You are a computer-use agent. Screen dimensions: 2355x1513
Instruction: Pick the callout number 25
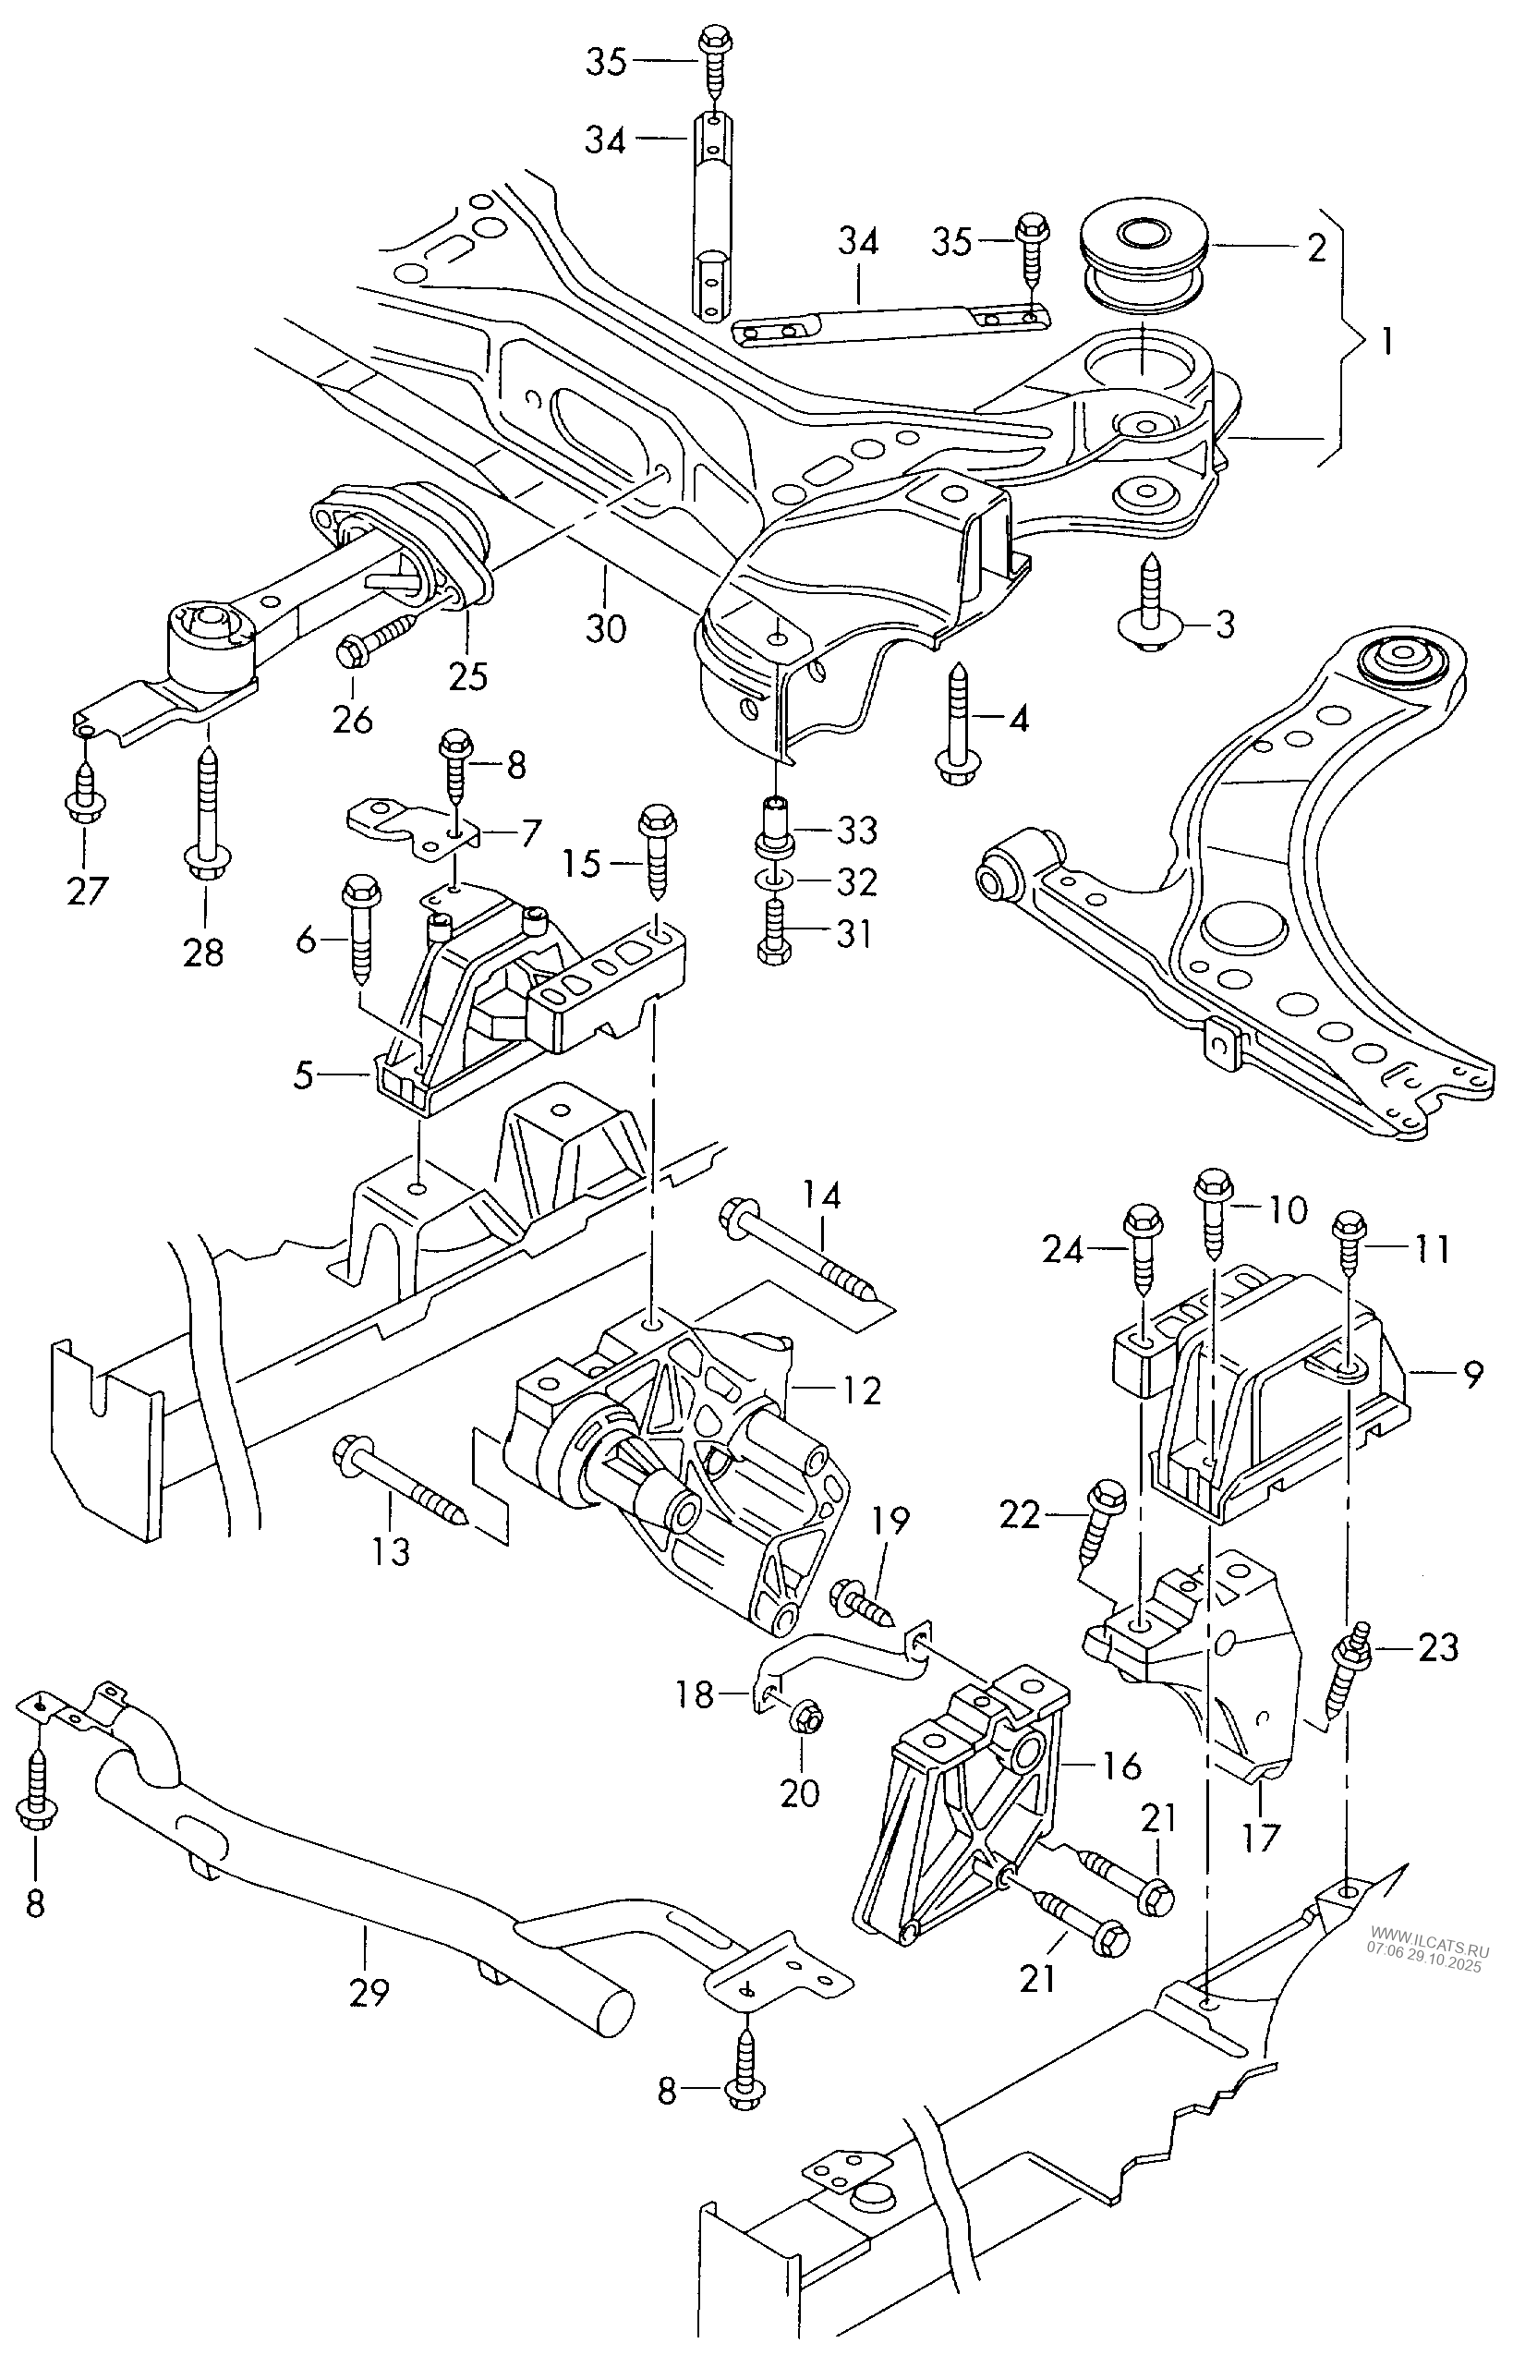coord(467,676)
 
